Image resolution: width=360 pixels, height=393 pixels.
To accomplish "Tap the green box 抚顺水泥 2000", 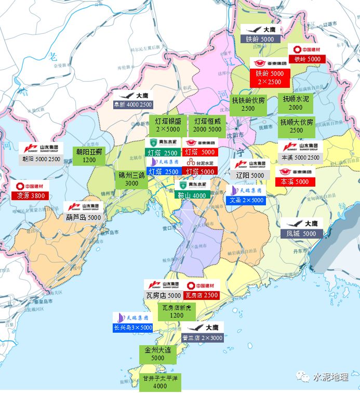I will (x=296, y=103).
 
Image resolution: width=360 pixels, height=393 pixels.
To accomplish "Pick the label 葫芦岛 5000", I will (x=84, y=217).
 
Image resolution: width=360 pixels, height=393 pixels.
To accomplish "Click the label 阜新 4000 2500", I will (x=133, y=104).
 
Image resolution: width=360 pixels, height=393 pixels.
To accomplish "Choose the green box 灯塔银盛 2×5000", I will (x=168, y=125).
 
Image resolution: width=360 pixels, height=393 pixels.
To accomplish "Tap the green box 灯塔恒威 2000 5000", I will (x=207, y=125).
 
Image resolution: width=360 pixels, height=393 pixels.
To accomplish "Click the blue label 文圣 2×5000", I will (x=247, y=200).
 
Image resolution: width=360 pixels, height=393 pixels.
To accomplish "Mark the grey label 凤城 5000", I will (x=302, y=234).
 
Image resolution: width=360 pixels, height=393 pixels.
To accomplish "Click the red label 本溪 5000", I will (x=295, y=182).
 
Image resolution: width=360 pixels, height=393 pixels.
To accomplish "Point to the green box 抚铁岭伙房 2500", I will (x=248, y=104).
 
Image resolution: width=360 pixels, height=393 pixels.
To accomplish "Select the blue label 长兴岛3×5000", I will (x=133, y=327).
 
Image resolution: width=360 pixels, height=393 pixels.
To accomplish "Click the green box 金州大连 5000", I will (x=157, y=354).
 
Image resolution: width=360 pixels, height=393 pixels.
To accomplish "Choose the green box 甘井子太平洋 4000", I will (x=160, y=382).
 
